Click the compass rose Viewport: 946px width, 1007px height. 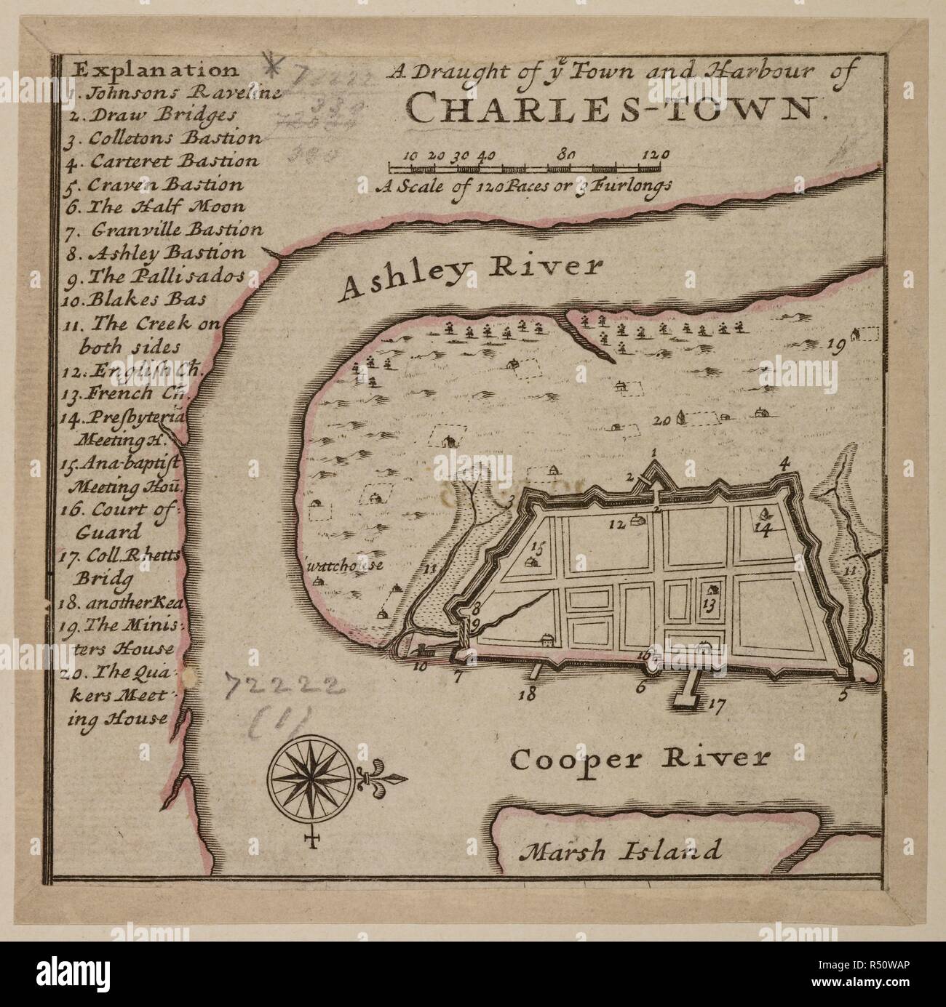point(311,783)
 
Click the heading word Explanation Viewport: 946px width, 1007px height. point(156,70)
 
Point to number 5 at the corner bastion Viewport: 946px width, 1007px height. point(843,693)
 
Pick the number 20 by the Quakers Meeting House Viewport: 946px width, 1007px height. point(661,420)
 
